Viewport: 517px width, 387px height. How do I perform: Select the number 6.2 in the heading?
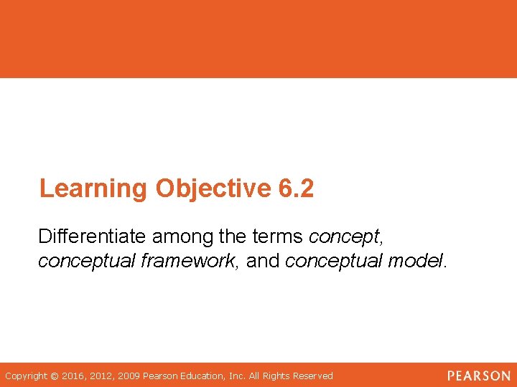[294, 188]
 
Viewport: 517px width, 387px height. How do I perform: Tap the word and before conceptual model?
[264, 261]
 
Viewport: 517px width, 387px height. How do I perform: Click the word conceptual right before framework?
[87, 261]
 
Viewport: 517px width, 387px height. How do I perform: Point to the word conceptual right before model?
[334, 261]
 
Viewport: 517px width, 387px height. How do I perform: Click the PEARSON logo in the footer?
[478, 376]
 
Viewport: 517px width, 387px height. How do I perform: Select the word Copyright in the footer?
[27, 376]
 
